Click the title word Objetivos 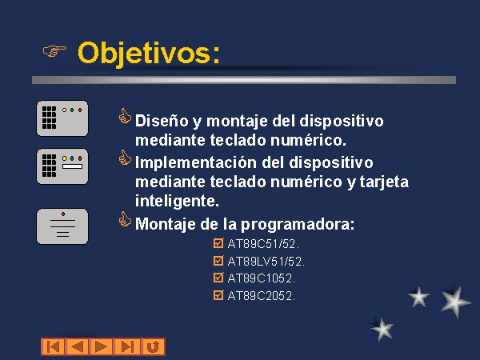pos(149,54)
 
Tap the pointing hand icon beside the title pos(54,50)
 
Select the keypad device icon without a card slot pos(62,118)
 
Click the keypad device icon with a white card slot pos(62,166)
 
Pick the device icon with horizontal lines pos(62,226)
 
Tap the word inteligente pos(178,201)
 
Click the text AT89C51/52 pos(263,244)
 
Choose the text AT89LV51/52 pos(266,262)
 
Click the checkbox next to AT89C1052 pos(218,278)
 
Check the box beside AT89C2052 pos(218,295)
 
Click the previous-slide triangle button pos(78,347)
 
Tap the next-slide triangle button pos(102,347)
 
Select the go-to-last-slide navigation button pos(127,347)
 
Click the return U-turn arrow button pos(154,347)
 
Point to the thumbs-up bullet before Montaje pos(125,220)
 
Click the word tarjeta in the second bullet pos(384,182)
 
